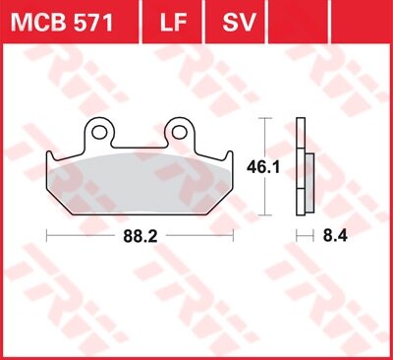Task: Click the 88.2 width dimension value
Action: pos(140,236)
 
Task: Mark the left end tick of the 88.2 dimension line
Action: pos(46,236)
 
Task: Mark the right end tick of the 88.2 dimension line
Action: pos(233,236)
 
